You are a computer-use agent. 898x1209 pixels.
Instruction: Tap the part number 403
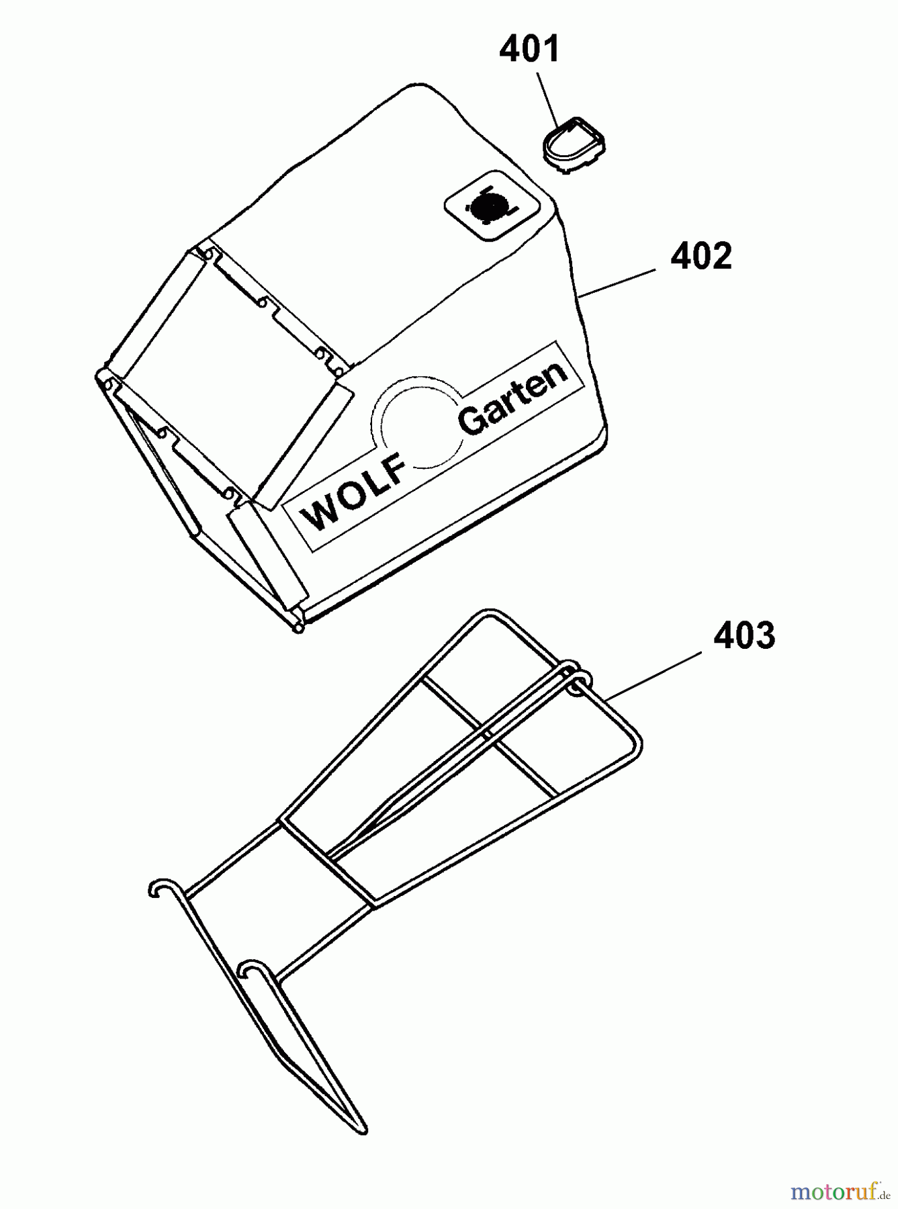pos(744,635)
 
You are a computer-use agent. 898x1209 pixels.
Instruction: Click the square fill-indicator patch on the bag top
pos(494,209)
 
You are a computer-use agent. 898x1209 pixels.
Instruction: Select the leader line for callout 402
pos(617,281)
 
